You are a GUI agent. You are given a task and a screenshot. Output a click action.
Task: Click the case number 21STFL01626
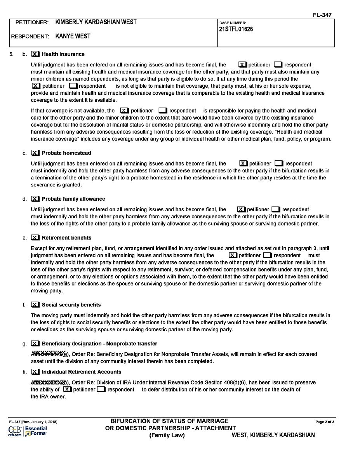click(236, 29)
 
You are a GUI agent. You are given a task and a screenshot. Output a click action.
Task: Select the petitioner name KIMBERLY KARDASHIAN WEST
click(96, 22)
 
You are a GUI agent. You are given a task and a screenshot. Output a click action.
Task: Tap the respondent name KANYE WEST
click(73, 36)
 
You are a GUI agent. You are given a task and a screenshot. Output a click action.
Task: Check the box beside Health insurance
click(35, 54)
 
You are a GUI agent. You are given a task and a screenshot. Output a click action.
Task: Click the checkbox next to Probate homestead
click(35, 153)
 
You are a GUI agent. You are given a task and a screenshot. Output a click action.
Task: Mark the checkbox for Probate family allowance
click(35, 199)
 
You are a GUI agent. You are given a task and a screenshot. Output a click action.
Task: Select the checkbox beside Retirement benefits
click(35, 238)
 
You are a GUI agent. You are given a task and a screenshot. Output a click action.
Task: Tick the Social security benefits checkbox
click(35, 305)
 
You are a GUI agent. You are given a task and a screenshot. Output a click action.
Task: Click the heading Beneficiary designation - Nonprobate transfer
click(99, 344)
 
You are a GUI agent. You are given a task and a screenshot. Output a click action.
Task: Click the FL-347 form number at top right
click(322, 15)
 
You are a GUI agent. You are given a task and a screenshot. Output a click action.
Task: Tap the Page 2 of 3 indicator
click(325, 422)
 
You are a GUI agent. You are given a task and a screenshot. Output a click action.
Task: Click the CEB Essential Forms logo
click(27, 431)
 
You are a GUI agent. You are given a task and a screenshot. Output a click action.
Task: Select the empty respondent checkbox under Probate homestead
click(279, 163)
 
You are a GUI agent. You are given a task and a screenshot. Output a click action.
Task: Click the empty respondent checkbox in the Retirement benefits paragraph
click(267, 256)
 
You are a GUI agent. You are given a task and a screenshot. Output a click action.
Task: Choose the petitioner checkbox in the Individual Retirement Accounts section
click(68, 389)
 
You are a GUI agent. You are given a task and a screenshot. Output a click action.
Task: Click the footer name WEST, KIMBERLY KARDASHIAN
click(273, 435)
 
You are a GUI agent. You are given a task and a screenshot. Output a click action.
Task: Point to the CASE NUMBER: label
click(233, 23)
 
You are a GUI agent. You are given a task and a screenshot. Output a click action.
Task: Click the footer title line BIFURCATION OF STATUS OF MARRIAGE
click(169, 421)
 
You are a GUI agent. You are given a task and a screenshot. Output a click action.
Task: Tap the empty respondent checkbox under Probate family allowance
click(276, 209)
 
